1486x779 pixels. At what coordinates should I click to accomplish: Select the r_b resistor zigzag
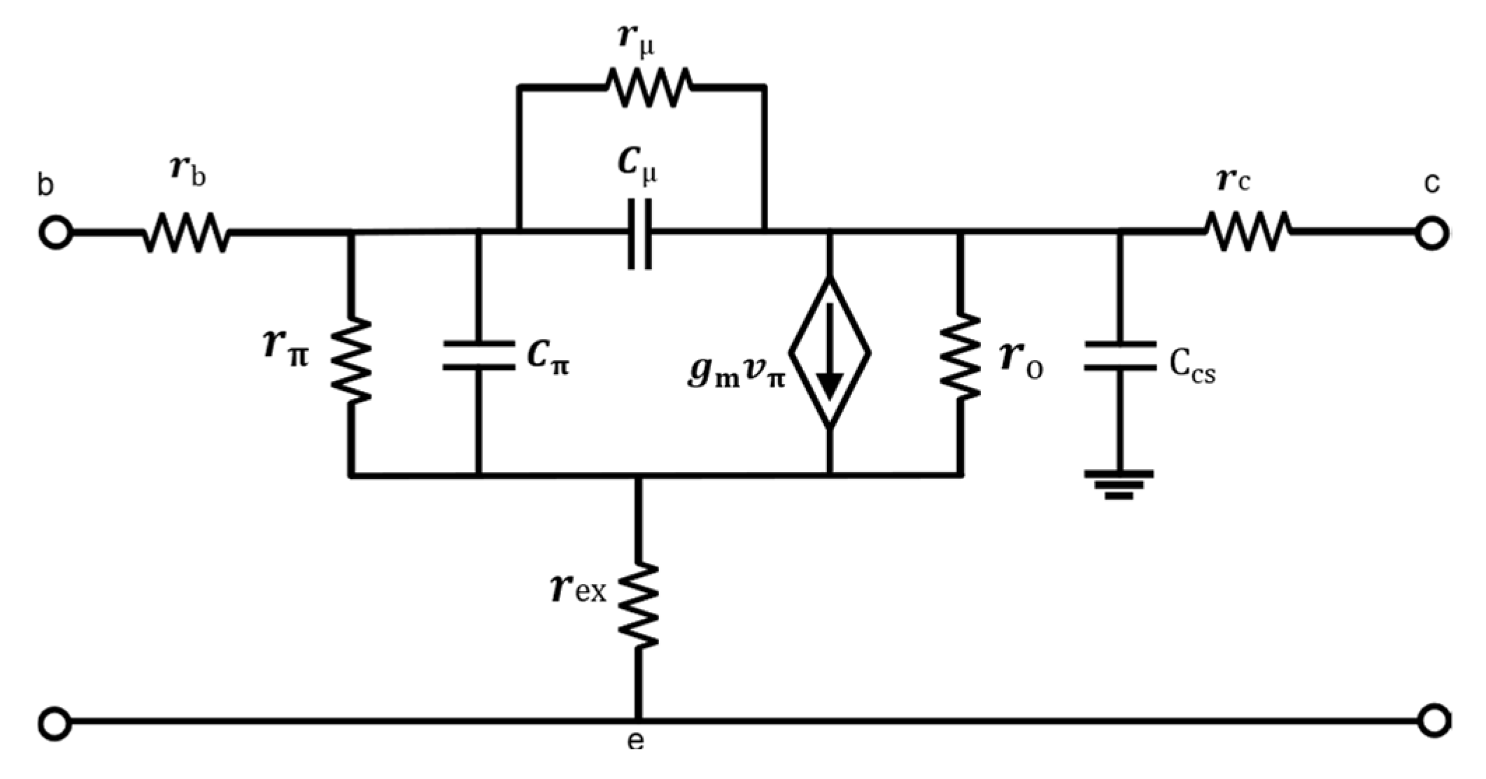pyautogui.click(x=186, y=233)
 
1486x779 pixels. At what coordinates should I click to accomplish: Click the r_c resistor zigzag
pyautogui.click(x=1247, y=232)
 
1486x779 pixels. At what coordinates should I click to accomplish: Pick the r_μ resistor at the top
pyautogui.click(x=649, y=87)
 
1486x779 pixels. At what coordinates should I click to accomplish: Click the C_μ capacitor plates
pyautogui.click(x=639, y=234)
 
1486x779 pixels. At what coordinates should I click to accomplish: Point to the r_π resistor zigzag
pyautogui.click(x=351, y=360)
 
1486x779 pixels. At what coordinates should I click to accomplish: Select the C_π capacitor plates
pyautogui.click(x=479, y=355)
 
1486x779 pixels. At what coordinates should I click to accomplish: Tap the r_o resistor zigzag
pyautogui.click(x=961, y=357)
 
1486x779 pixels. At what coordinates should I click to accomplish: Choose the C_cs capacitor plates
pyautogui.click(x=1120, y=356)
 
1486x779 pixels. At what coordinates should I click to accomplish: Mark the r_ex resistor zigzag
pyautogui.click(x=638, y=604)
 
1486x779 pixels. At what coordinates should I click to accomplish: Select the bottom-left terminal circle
pyautogui.click(x=55, y=722)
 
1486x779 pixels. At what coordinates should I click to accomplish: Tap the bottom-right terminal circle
pyautogui.click(x=1431, y=721)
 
